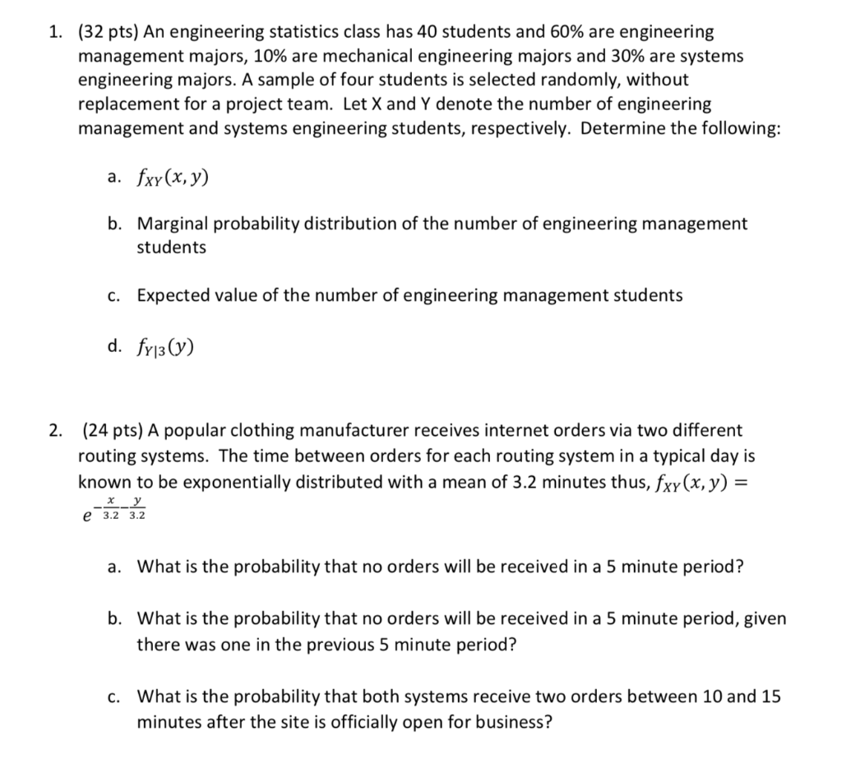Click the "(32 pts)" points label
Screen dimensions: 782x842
point(108,33)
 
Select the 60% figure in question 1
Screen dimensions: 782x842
point(539,33)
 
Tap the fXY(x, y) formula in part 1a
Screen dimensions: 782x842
point(173,177)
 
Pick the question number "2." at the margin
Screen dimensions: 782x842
point(54,430)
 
